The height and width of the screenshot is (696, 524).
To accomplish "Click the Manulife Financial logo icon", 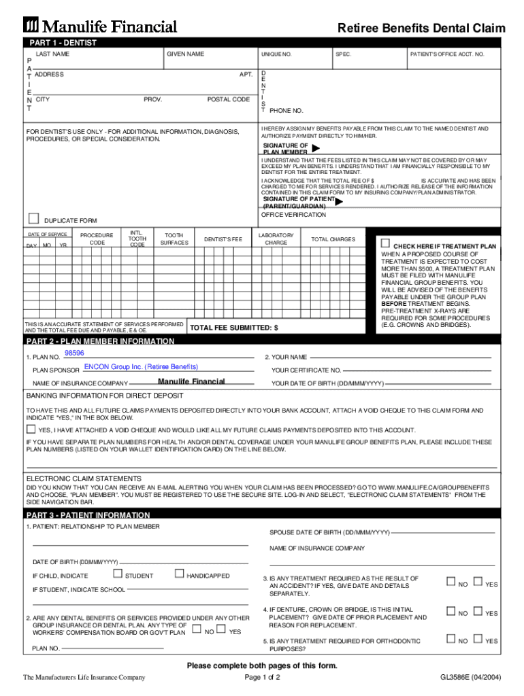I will coord(31,27).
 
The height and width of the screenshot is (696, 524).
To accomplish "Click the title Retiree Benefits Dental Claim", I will coord(421,28).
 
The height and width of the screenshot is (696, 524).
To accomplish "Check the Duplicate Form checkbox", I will coord(33,217).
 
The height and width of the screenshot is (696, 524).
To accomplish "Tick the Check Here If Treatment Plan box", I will coord(385,243).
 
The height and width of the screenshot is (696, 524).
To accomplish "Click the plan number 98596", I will coord(74,353).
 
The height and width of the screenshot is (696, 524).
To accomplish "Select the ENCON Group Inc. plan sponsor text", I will coord(141,367).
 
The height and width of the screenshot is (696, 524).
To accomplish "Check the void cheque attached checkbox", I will coord(31,430).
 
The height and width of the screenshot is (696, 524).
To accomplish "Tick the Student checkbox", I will coord(117,574).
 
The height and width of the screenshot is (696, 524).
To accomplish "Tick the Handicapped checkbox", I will coord(180,574).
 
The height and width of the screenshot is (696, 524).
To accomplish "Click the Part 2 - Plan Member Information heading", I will coord(100,341).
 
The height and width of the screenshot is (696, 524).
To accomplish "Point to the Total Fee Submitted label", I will coord(233,328).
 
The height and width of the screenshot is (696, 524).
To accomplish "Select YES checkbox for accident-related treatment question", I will coord(477,582).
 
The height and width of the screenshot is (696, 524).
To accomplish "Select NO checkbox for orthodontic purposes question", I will coord(451,638).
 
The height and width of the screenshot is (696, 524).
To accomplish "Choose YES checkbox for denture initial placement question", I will coord(477,611).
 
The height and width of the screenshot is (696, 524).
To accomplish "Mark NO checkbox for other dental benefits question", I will coord(197,630).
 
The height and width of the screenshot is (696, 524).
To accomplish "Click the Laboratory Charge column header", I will coord(276,239).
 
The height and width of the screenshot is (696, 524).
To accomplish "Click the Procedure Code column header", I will coord(97,239).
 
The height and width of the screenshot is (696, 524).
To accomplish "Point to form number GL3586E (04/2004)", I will coord(470,678).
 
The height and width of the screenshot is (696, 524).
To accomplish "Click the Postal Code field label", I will coord(228,99).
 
